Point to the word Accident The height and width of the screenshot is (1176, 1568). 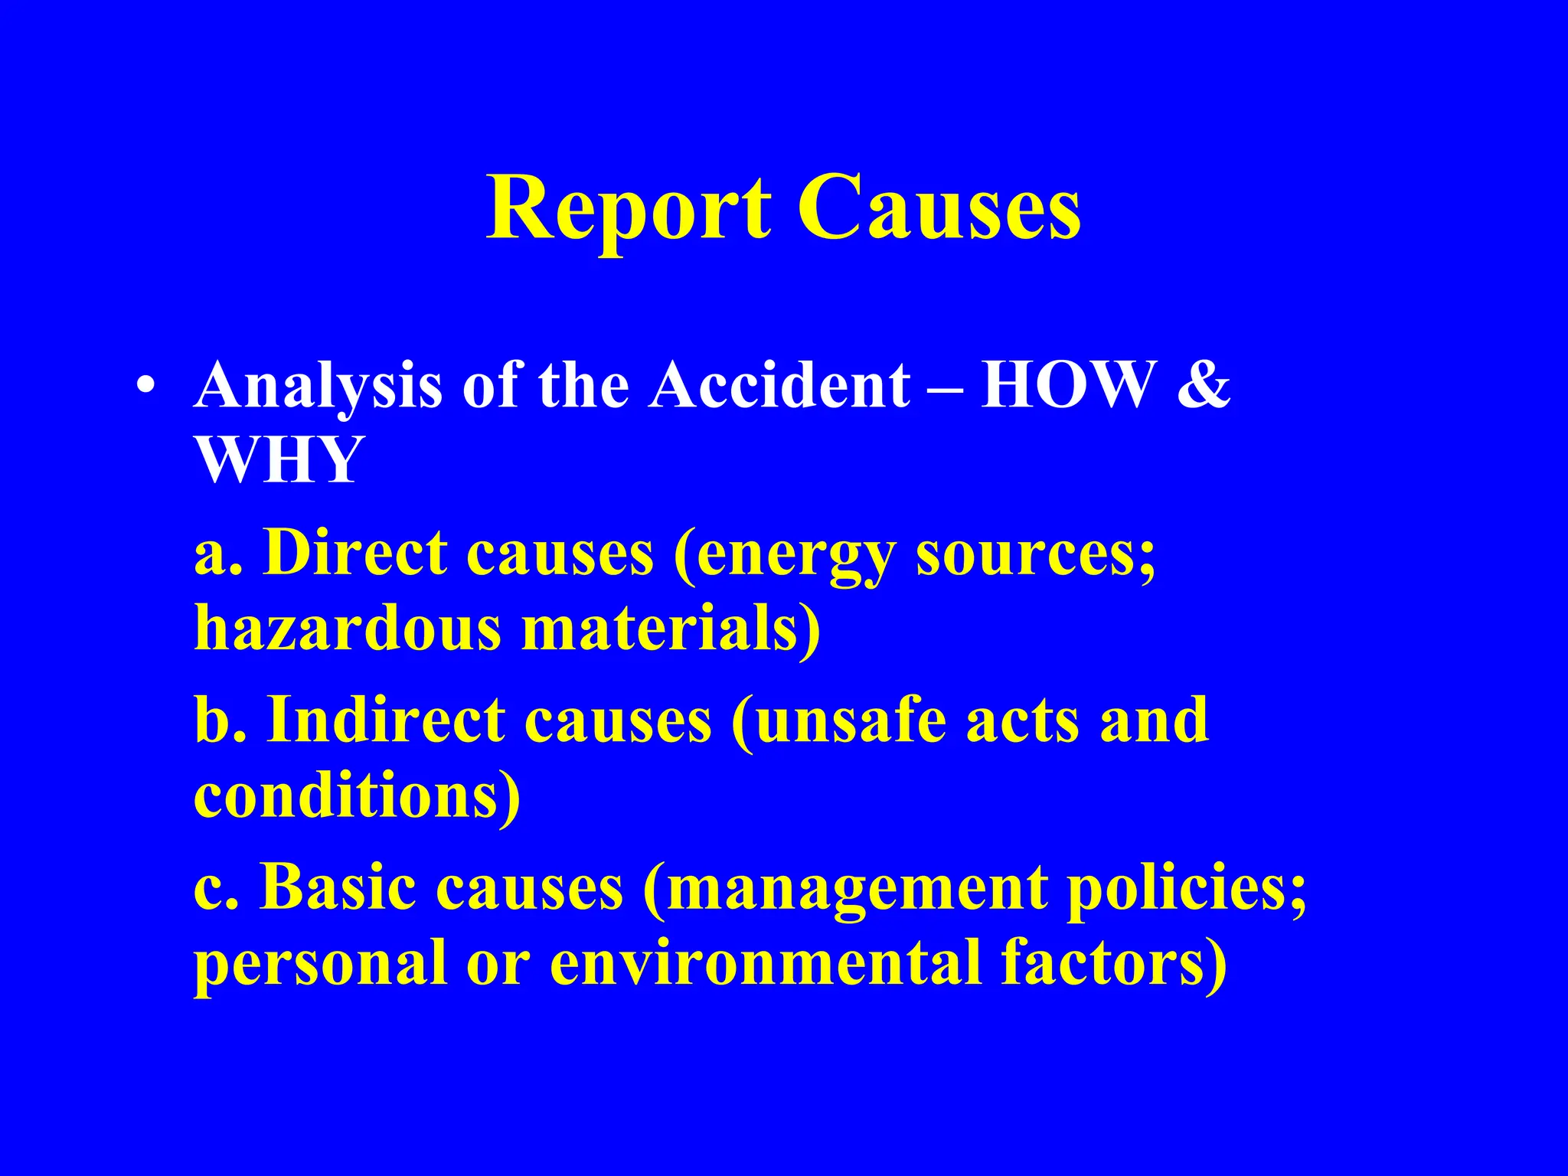(x=779, y=385)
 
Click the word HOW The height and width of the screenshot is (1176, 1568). (x=1069, y=385)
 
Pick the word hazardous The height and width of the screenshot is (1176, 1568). (x=348, y=628)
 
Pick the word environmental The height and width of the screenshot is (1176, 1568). (x=766, y=963)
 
